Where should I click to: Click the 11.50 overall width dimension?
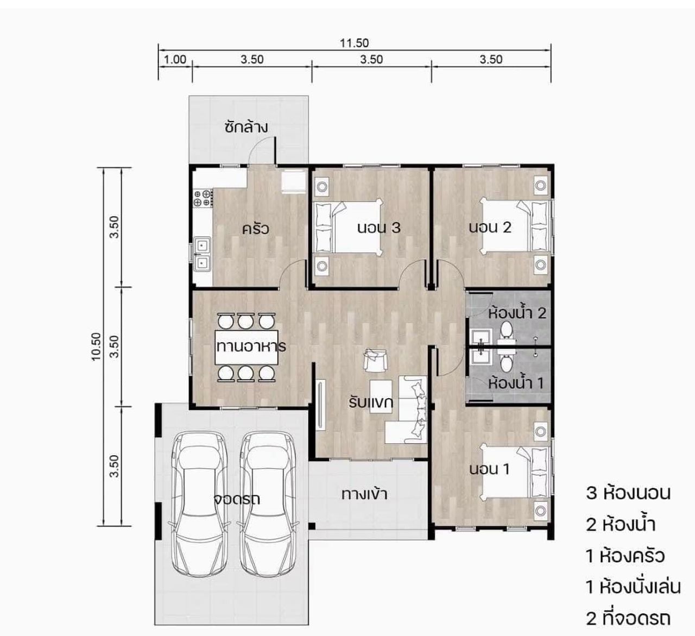[354, 43]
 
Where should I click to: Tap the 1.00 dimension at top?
[175, 59]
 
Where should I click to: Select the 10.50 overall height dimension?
[96, 347]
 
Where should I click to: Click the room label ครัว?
[256, 229]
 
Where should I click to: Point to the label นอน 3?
[379, 228]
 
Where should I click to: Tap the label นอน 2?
[490, 228]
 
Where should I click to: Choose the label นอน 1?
[489, 469]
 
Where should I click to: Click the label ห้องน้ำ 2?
[517, 313]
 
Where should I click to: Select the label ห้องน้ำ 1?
[516, 383]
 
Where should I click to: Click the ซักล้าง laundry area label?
[246, 127]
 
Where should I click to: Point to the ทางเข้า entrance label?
[364, 494]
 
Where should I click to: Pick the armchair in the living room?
[375, 361]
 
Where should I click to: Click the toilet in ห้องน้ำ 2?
[507, 330]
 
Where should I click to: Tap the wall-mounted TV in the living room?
[320, 405]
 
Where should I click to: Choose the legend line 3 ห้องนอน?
[628, 493]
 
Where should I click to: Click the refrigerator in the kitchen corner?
[293, 181]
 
